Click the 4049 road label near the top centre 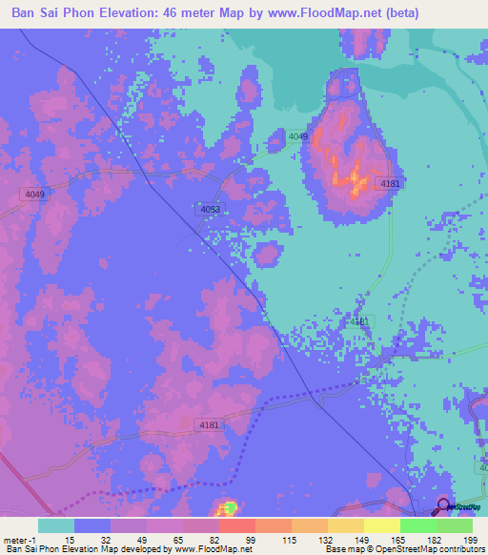pyautogui.click(x=298, y=137)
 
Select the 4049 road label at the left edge pyautogui.click(x=33, y=195)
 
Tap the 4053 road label pyautogui.click(x=212, y=209)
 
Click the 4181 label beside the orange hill pyautogui.click(x=389, y=183)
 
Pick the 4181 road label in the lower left pyautogui.click(x=211, y=424)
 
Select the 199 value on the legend pyautogui.click(x=466, y=539)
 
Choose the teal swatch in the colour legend pyautogui.click(x=55, y=525)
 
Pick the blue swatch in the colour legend pyautogui.click(x=92, y=525)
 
